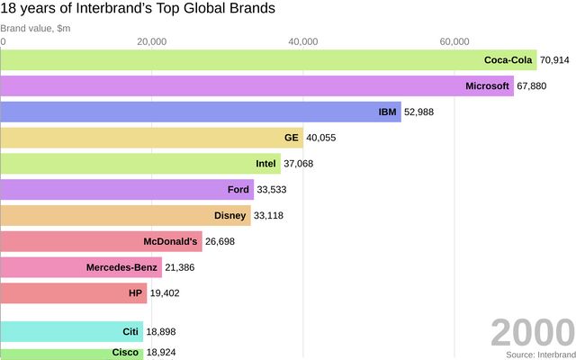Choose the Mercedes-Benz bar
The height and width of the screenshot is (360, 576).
click(81, 268)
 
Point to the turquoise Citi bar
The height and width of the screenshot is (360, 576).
click(71, 332)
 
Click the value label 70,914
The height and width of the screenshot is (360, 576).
click(555, 60)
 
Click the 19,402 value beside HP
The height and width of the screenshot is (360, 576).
click(166, 293)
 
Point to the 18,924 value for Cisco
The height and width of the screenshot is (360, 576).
click(162, 353)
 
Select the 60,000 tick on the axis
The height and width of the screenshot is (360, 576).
click(454, 41)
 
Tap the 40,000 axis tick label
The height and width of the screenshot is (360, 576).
click(303, 41)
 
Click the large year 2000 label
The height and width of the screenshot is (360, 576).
click(532, 333)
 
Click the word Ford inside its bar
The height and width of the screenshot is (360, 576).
click(238, 190)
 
